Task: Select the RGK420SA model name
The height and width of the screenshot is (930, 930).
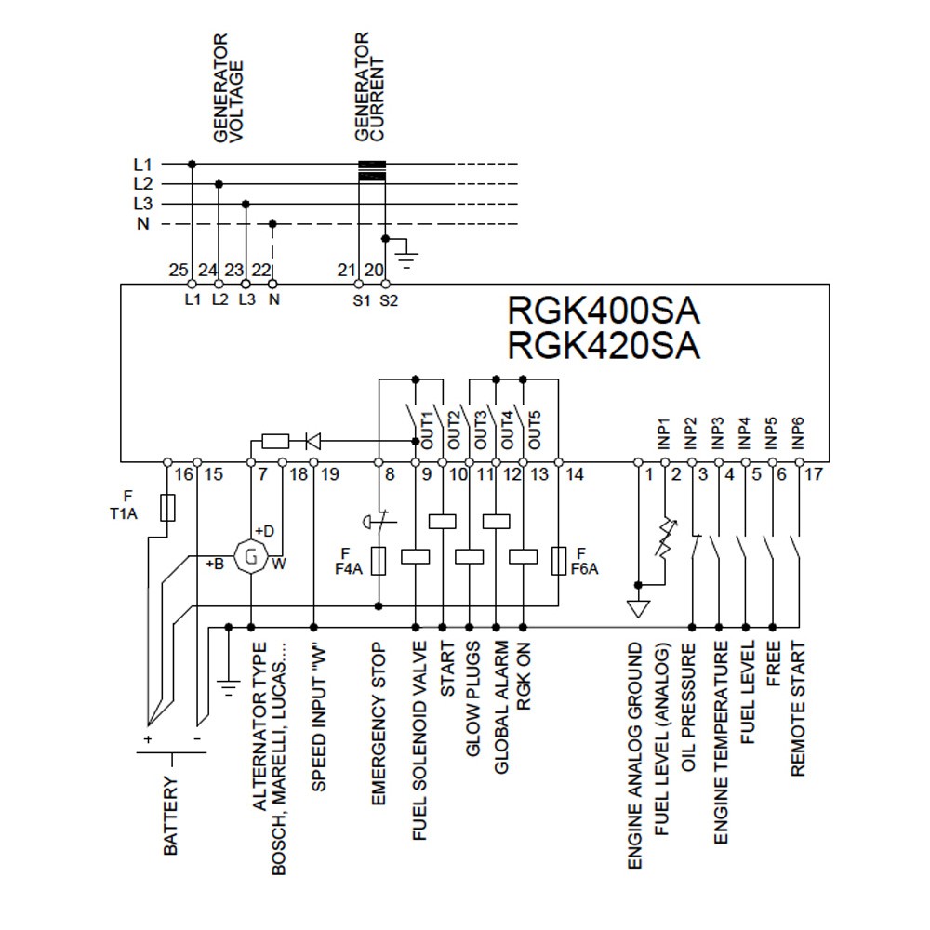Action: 603,345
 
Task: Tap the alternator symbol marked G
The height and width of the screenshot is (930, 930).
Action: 249,557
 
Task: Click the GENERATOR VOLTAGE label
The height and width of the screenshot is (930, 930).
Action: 227,88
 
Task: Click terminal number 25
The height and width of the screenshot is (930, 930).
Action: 179,270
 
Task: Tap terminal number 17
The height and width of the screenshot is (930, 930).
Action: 815,475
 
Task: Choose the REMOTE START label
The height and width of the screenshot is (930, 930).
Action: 798,709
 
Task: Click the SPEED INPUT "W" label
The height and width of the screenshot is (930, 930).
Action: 318,716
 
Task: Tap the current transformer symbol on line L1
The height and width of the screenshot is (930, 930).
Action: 372,168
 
